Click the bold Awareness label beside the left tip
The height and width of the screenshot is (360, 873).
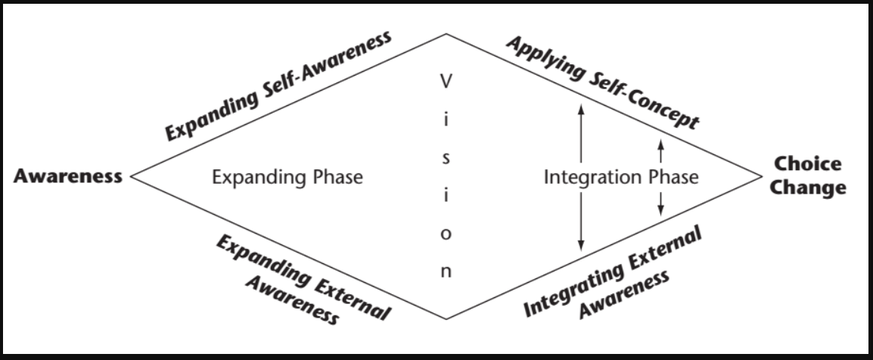tap(68, 177)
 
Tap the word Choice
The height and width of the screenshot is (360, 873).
tap(808, 164)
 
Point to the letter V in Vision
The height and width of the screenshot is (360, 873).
tap(446, 79)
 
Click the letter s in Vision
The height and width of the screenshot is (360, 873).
tap(446, 159)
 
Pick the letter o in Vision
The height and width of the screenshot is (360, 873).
tap(446, 234)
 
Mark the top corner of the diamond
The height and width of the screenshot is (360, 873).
tap(446, 33)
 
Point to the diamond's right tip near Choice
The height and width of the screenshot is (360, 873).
tap(763, 176)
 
